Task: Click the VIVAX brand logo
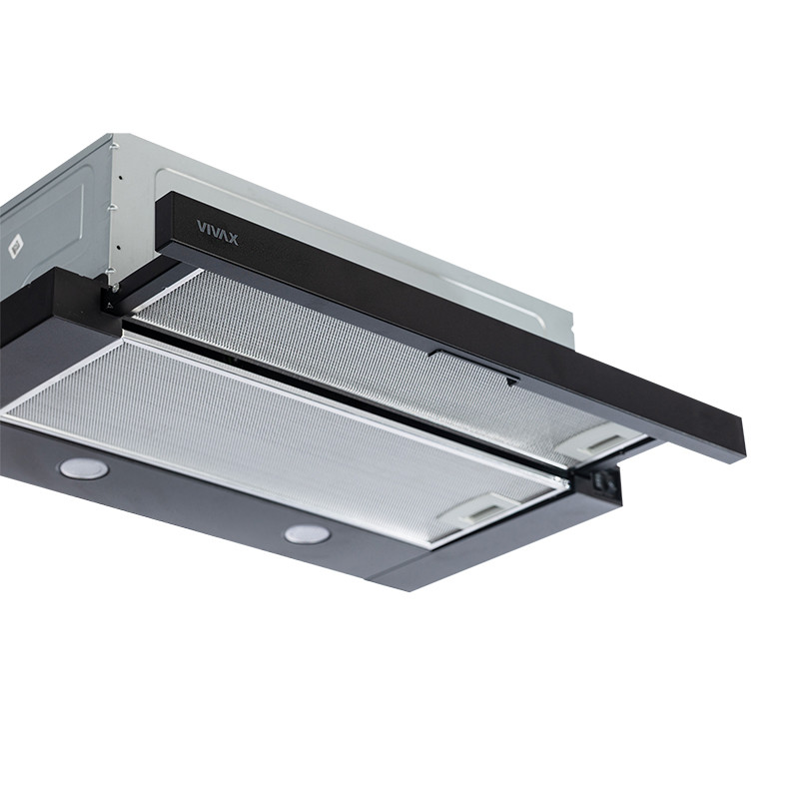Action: click(x=218, y=232)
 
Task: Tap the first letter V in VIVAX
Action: click(x=201, y=228)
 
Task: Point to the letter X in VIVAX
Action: click(x=233, y=239)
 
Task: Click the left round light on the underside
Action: click(x=84, y=467)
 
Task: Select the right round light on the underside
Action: click(x=307, y=534)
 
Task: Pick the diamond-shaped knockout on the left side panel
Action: click(x=16, y=247)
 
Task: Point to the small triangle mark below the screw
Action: click(x=109, y=307)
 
